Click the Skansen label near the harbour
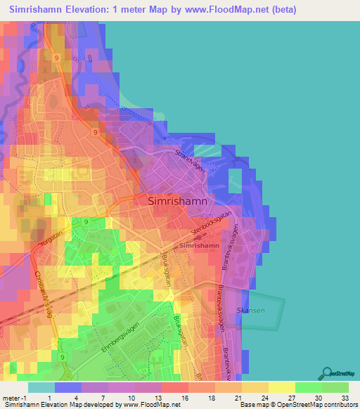252,310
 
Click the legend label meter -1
13,397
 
